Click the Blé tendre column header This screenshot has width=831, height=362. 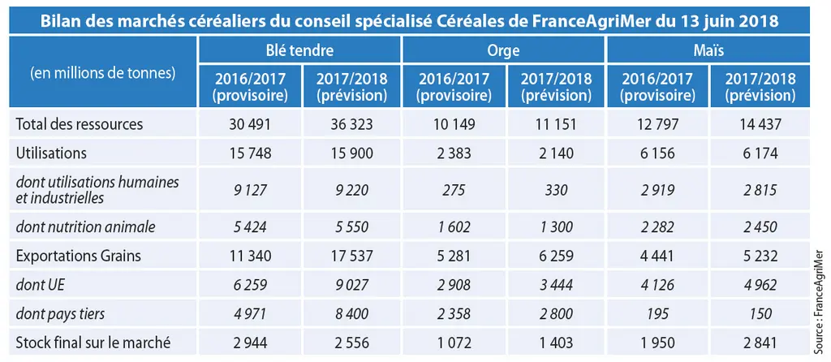coord(299,50)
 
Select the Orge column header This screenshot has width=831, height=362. coord(503,51)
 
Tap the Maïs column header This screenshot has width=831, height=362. coord(708,50)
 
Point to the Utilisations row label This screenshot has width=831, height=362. coord(51,153)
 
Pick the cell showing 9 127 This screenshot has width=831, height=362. coord(250,190)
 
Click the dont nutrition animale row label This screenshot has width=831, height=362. coord(86,226)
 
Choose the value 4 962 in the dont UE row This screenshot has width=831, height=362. coord(761,285)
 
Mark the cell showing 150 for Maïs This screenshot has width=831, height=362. coord(761,314)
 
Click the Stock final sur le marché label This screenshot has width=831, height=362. coord(93,343)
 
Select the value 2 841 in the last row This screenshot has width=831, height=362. coord(761,343)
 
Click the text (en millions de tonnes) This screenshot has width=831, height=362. coord(103,73)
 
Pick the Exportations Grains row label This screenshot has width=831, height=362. coord(79,256)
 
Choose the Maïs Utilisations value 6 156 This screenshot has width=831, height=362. coord(657,153)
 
